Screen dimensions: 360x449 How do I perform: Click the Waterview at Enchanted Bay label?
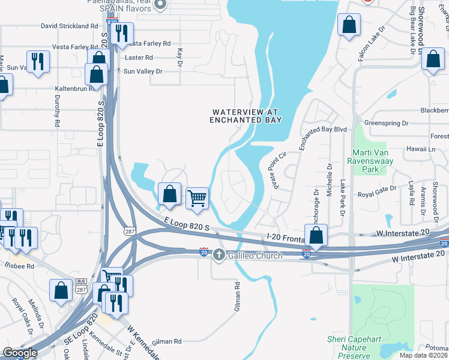pos(246,116)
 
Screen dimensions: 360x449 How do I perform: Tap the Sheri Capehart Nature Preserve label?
pos(354,347)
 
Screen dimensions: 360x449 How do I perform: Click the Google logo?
pos(20,353)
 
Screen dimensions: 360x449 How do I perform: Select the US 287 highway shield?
pos(129,231)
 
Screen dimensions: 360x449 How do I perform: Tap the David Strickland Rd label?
pos(69,26)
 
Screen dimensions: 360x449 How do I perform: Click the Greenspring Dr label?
pos(386,123)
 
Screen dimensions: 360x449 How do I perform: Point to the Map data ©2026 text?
pos(424,355)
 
